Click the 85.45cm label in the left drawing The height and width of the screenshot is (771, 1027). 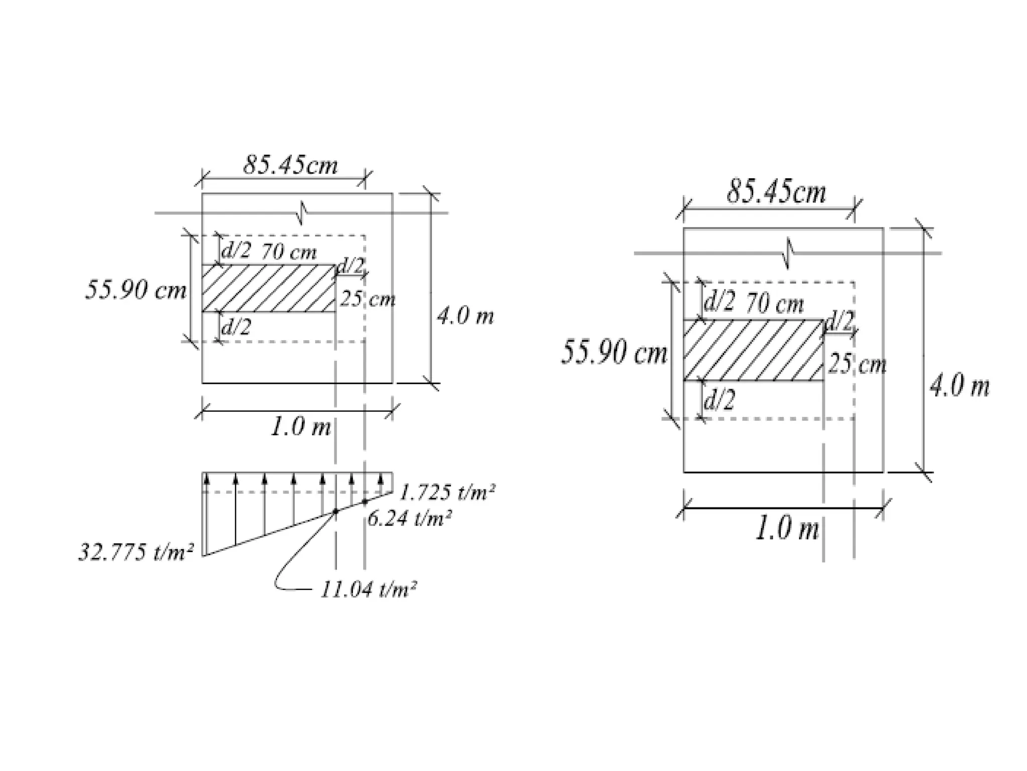290,165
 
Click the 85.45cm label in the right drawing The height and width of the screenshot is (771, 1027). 776,192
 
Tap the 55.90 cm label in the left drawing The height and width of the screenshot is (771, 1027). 135,290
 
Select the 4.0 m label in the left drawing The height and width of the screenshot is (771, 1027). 465,316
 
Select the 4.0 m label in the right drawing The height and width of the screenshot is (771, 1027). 960,387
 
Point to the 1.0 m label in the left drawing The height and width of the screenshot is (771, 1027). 301,427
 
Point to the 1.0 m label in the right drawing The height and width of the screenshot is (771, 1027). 787,529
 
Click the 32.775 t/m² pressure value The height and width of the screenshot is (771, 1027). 136,553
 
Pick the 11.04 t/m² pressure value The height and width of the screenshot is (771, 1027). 368,589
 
